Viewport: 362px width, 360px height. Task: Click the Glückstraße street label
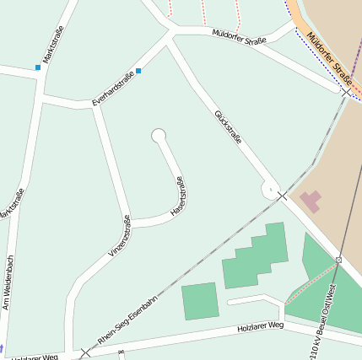[x=228, y=126]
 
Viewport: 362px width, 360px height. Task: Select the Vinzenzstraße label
[x=120, y=236]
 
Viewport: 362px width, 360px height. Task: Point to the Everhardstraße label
[x=112, y=91]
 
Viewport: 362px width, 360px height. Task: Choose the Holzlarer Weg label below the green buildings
[x=260, y=327]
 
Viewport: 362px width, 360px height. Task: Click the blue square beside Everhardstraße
[x=138, y=71]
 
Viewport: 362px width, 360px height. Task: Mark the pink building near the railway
[x=311, y=201]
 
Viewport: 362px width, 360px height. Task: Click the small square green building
[x=200, y=301]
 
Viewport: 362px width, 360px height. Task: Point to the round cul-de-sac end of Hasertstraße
[x=158, y=135]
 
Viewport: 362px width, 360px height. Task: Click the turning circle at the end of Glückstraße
[x=270, y=190]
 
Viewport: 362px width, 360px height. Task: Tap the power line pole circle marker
[x=338, y=261]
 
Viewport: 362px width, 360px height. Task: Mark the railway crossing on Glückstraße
[x=283, y=196]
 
